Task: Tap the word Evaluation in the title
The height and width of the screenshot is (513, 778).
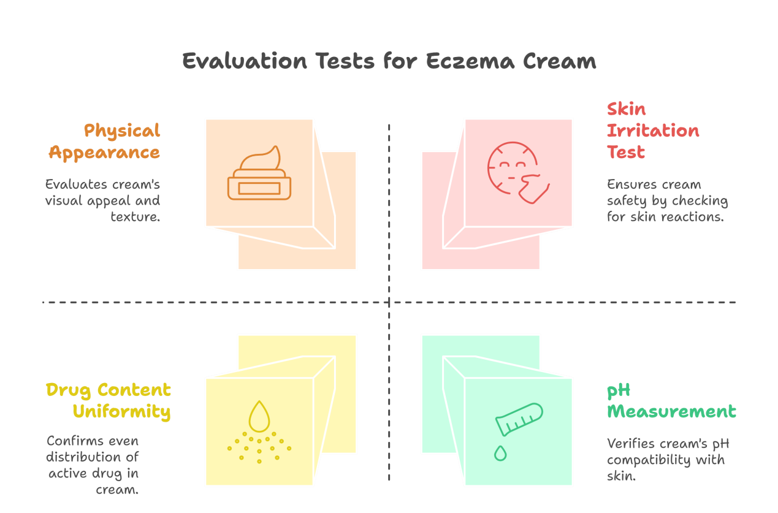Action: [x=245, y=61]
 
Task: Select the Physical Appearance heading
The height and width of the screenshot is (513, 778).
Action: [x=105, y=142]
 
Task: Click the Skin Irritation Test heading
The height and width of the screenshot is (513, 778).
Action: [x=653, y=131]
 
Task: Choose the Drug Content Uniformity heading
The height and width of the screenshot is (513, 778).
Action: [x=109, y=401]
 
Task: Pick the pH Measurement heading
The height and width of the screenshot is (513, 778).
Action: [x=671, y=401]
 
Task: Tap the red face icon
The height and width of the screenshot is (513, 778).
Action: [x=518, y=173]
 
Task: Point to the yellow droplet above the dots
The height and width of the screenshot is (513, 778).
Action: [x=259, y=416]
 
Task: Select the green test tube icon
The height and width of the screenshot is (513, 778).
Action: [x=519, y=419]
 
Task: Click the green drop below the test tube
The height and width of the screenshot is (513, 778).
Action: [x=500, y=454]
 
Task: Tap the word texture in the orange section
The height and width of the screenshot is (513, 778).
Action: [x=135, y=217]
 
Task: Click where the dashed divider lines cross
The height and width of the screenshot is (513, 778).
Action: [x=389, y=303]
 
